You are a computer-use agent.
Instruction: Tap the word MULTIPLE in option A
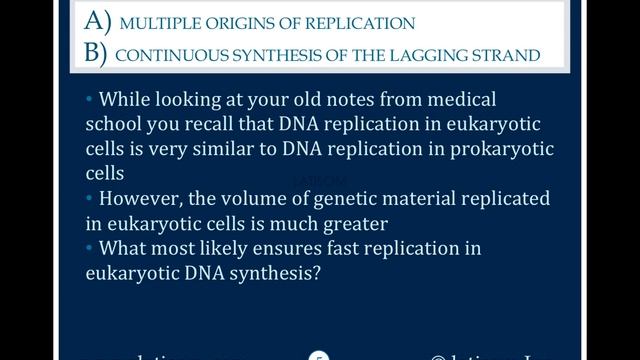click(x=157, y=22)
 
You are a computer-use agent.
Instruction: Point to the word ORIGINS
click(x=239, y=22)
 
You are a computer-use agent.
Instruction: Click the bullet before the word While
click(x=89, y=99)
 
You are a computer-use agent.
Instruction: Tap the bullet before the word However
click(x=89, y=197)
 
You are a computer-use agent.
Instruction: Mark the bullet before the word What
click(x=89, y=246)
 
